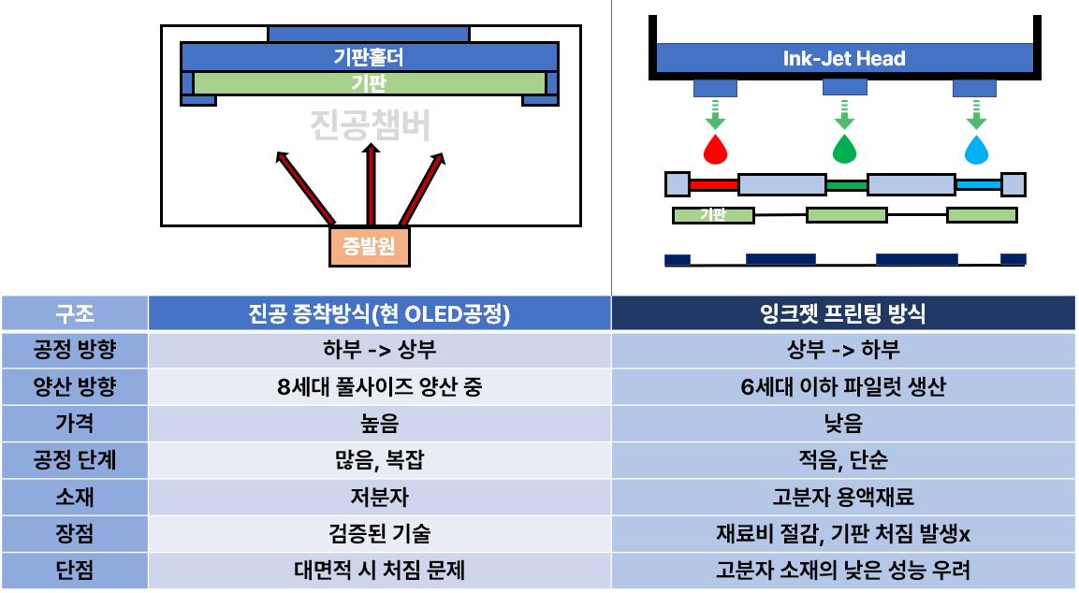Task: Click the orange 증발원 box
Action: (370, 247)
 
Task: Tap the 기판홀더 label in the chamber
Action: (369, 57)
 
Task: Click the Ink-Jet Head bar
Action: (844, 59)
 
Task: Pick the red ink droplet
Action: (715, 148)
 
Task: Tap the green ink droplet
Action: (844, 148)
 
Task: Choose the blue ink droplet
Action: (976, 148)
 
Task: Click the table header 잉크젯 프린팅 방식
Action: (843, 313)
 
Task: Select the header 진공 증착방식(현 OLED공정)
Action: (380, 313)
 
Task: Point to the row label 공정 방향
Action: (75, 350)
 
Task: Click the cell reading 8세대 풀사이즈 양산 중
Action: (380, 386)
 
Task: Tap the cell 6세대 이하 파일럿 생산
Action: (843, 386)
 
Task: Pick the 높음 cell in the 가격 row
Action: (380, 423)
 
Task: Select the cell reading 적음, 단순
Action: (843, 459)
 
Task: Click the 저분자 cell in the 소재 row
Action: (380, 497)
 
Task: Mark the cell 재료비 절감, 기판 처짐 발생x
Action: (843, 533)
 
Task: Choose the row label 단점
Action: (75, 570)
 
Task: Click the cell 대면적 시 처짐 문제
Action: (380, 570)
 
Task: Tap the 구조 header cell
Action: (75, 313)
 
